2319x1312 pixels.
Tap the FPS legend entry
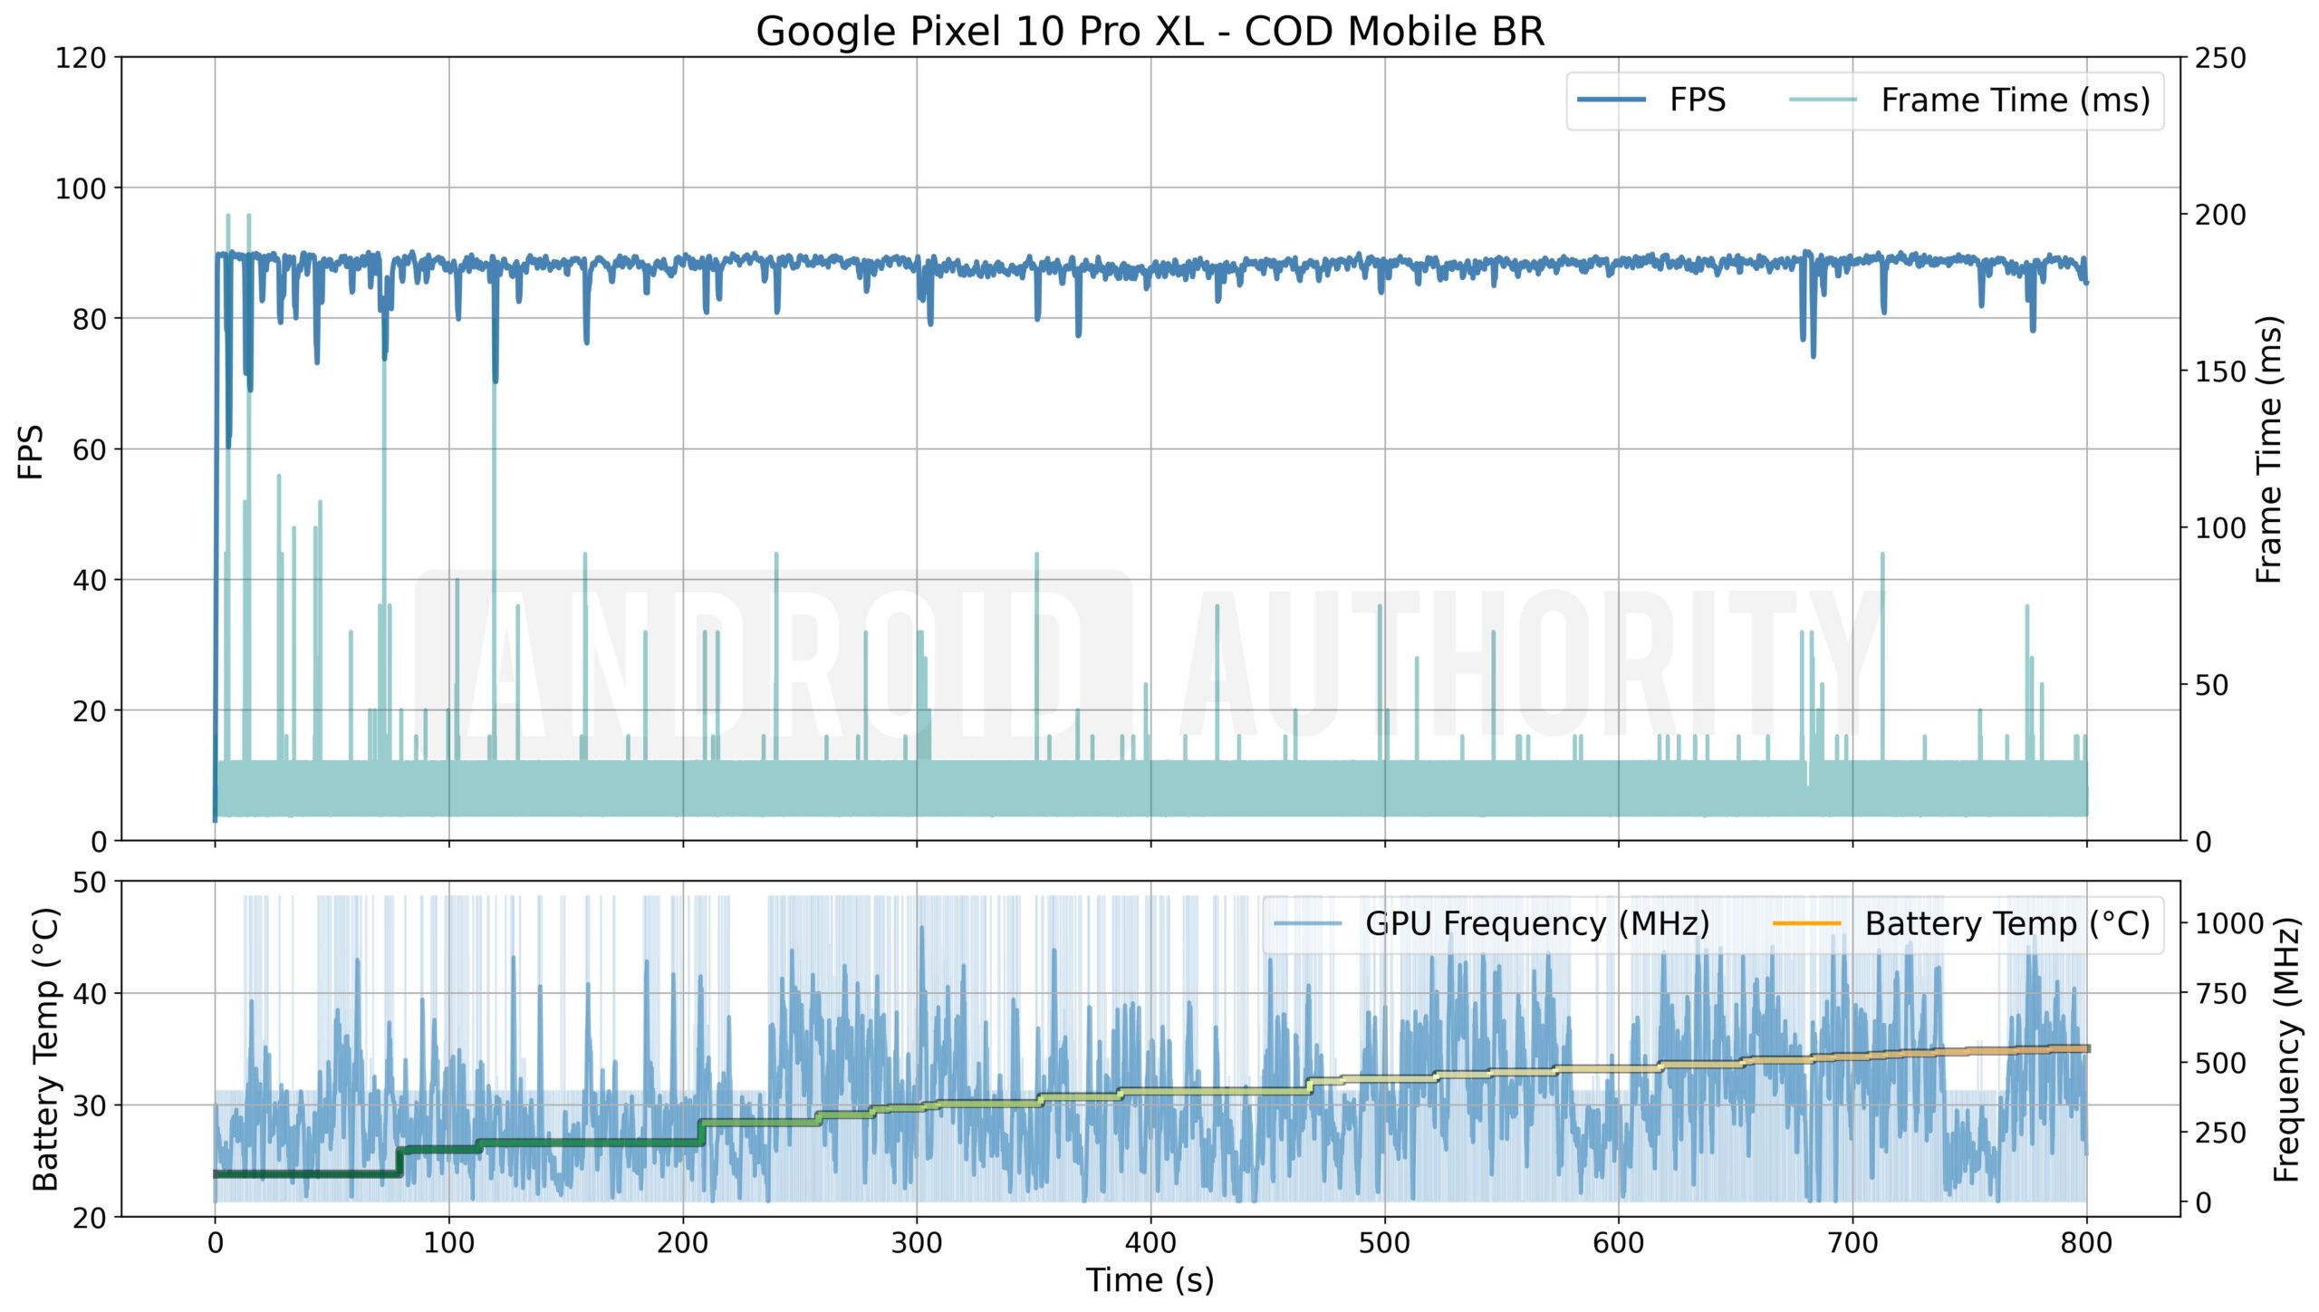click(x=1697, y=101)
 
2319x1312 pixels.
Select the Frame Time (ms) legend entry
click(x=2015, y=101)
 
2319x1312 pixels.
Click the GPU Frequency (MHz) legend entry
click(x=1536, y=924)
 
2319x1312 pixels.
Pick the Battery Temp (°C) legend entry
click(x=2006, y=924)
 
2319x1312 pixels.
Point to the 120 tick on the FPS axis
click(x=81, y=59)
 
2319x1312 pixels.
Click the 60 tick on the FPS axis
click(x=89, y=450)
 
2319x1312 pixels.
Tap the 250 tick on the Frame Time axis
click(x=2219, y=59)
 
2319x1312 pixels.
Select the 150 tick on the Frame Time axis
click(x=2219, y=372)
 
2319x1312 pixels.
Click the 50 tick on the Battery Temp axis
click(x=89, y=883)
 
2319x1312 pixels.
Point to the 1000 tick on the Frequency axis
click(x=2228, y=924)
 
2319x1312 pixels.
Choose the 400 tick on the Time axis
click(x=1150, y=1243)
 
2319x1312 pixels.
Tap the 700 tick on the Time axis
click(x=1852, y=1243)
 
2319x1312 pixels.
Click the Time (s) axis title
click(x=1150, y=1281)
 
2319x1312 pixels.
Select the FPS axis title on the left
click(x=31, y=451)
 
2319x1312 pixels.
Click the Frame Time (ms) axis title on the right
click(x=2270, y=450)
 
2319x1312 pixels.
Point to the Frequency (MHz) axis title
click(x=2286, y=1049)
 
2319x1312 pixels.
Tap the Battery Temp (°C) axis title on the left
click(x=45, y=1049)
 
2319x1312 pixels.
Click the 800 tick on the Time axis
click(x=2086, y=1243)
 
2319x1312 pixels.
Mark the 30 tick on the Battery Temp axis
click(x=89, y=1106)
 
